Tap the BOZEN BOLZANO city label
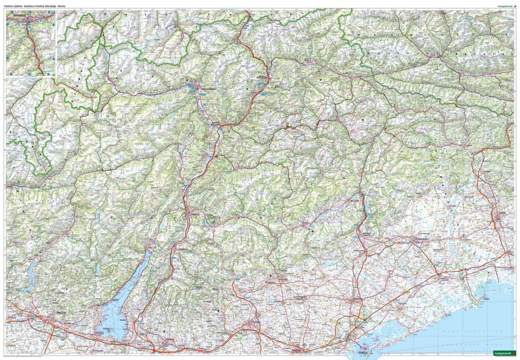[217, 124]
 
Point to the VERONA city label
[170, 339]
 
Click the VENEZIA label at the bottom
[362, 352]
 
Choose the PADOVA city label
[296, 351]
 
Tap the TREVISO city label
[357, 298]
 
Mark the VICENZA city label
[256, 322]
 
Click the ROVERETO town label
[182, 249]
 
